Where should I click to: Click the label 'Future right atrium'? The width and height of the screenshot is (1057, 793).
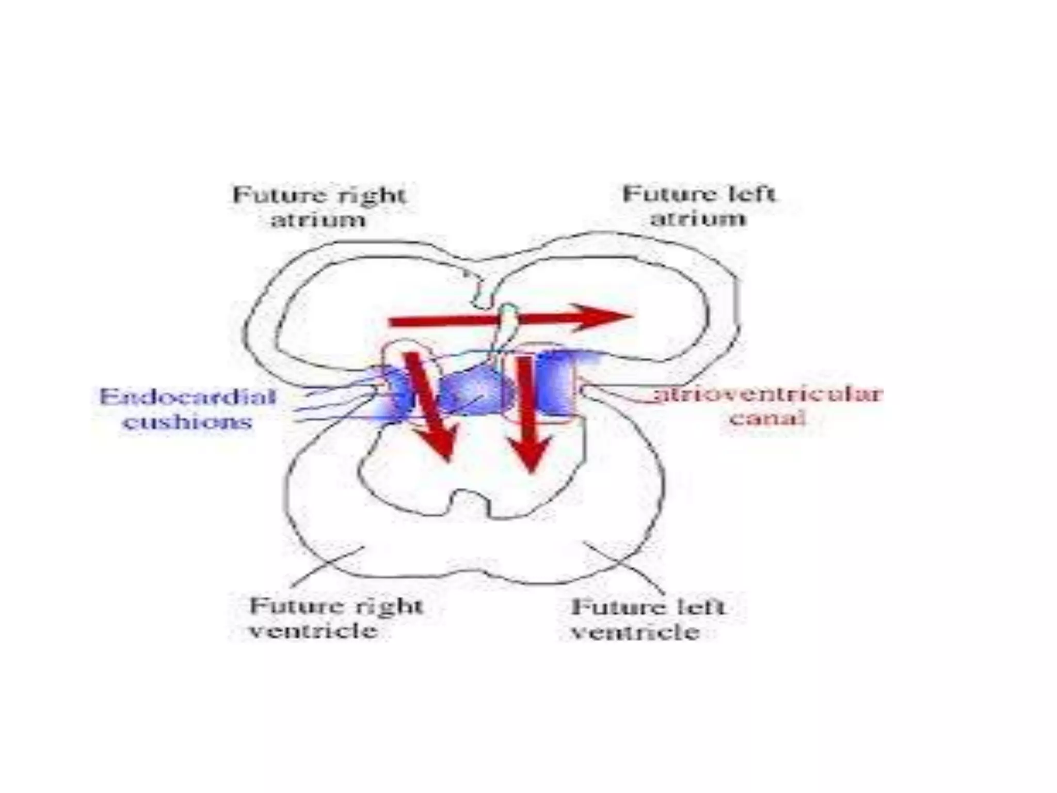(x=319, y=208)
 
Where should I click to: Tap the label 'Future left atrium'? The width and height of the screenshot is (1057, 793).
(x=698, y=207)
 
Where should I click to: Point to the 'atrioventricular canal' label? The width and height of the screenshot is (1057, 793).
(x=767, y=406)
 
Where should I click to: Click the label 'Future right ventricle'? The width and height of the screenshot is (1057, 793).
(x=336, y=618)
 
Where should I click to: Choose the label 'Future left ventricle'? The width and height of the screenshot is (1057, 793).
(x=648, y=619)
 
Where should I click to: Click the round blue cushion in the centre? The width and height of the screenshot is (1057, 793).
(x=475, y=392)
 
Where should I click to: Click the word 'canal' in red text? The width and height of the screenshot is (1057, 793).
(x=767, y=418)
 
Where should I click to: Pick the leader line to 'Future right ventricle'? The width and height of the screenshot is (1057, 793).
(x=328, y=566)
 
